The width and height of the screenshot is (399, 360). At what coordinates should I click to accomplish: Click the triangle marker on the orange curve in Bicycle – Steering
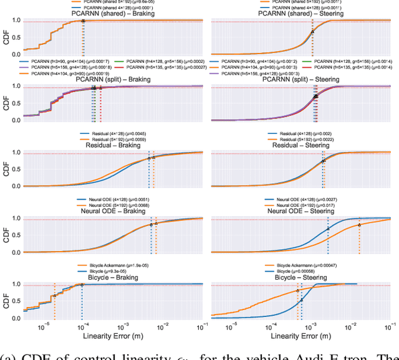point(297,291)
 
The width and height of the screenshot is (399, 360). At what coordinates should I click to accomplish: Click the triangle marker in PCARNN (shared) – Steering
point(312,31)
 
